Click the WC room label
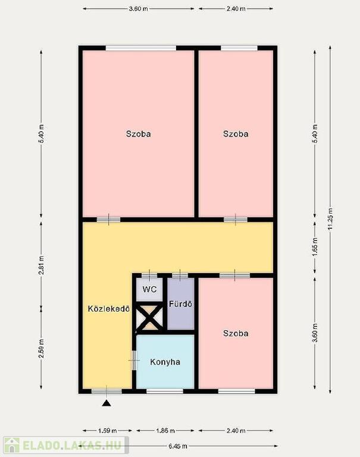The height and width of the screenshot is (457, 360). pos(149,289)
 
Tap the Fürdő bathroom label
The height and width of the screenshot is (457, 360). pos(181,304)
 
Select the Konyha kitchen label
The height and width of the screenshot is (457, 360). pos(165,362)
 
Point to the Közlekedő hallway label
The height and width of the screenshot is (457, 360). pos(109,309)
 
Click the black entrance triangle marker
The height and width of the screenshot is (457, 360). pos(107,403)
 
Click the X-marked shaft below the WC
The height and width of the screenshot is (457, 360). pos(150,318)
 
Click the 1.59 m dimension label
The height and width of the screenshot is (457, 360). pos(108,430)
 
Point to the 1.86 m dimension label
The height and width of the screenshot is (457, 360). pos(165,430)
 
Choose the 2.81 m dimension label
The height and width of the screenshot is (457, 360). pos(41,265)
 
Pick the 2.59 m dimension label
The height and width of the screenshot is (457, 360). pos(41,349)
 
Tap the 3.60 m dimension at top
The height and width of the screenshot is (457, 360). pos(139,9)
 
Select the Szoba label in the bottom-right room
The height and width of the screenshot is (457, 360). pos(236,333)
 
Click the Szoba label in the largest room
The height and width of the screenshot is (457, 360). pos(139,134)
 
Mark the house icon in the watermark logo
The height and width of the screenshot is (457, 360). pos(11,445)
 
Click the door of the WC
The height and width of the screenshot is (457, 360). pos(149,275)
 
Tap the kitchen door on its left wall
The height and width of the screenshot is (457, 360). pos(134,361)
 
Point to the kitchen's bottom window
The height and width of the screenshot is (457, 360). pos(165,391)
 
